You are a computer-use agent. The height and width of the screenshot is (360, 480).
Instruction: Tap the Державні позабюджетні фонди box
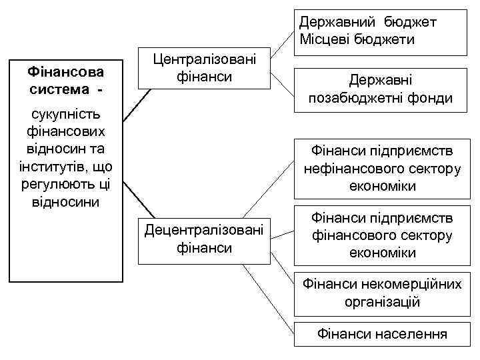point(380,89)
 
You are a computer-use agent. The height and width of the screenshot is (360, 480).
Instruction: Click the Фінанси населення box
point(382,333)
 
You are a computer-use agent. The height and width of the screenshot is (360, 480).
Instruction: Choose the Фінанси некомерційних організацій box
point(382,293)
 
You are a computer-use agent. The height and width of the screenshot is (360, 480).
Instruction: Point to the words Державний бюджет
point(367,23)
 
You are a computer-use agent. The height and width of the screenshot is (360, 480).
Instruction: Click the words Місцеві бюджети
point(357,39)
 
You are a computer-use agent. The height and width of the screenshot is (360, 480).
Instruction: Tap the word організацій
point(382,301)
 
